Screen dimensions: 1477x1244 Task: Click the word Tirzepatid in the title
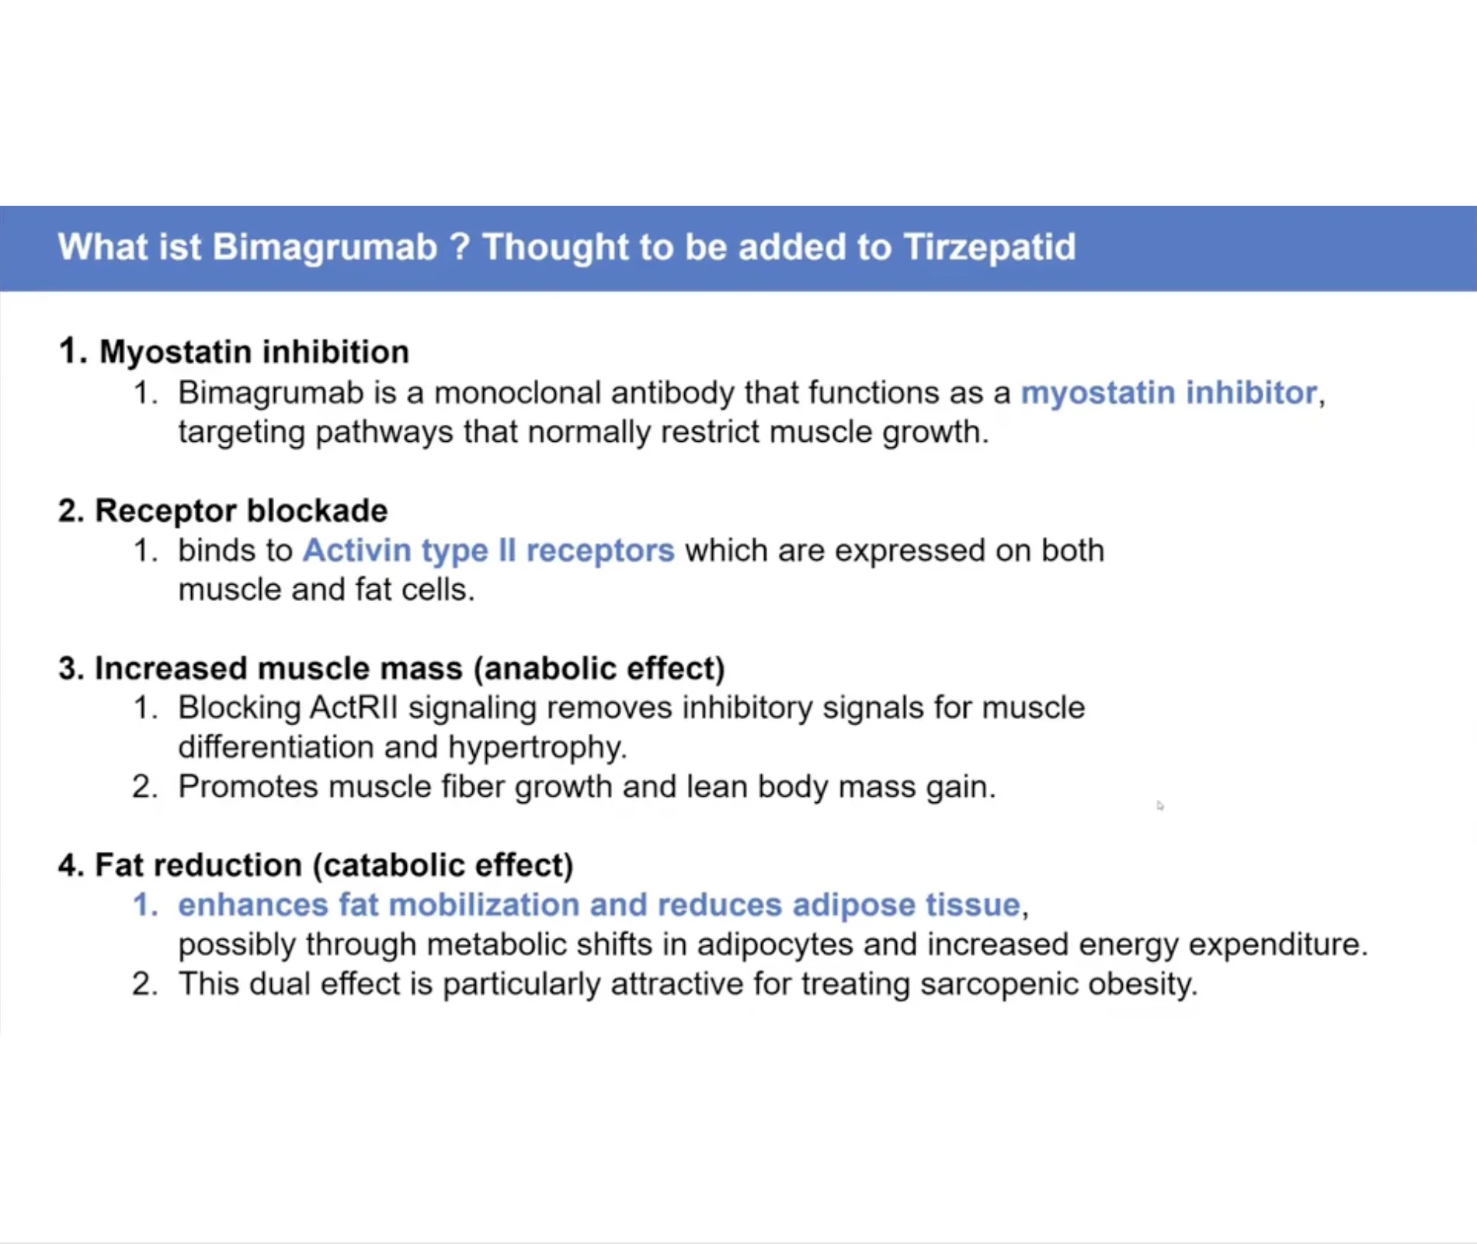(x=989, y=248)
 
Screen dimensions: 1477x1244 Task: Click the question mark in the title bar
(x=460, y=247)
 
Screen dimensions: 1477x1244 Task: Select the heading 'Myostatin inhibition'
(x=254, y=352)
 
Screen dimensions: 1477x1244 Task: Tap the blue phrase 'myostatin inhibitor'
(x=1169, y=392)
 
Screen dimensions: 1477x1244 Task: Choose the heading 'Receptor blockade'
(x=241, y=510)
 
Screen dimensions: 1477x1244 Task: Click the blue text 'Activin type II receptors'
(x=488, y=550)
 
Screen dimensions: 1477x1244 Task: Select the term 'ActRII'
(x=353, y=707)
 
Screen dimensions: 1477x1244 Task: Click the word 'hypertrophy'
(x=537, y=748)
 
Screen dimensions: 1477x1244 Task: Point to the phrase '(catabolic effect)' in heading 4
(x=443, y=865)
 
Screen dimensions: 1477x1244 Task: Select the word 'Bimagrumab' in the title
(x=325, y=248)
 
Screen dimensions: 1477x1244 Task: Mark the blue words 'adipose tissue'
(x=905, y=905)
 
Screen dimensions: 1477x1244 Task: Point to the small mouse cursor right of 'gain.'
(x=1160, y=806)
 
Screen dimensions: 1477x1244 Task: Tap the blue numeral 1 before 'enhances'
(x=141, y=905)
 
